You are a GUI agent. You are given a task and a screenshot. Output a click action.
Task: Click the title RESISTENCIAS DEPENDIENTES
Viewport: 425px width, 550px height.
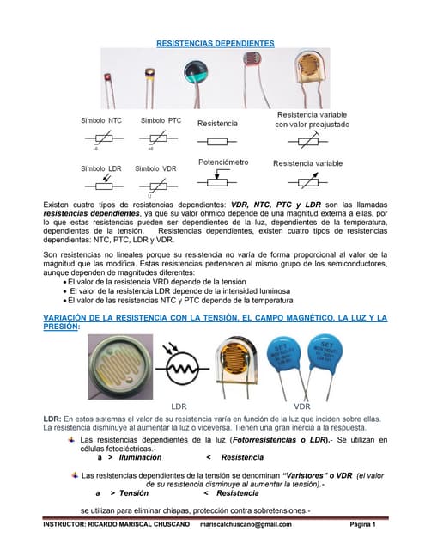point(215,42)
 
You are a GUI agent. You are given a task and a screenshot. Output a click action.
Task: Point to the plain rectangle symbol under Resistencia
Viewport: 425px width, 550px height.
point(219,139)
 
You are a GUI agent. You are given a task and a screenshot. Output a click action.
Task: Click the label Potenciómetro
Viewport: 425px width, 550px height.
point(223,161)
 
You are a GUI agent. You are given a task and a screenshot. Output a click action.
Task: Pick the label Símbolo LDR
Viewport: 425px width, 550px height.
point(101,168)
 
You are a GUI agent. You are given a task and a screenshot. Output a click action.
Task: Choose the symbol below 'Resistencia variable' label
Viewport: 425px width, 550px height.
point(307,181)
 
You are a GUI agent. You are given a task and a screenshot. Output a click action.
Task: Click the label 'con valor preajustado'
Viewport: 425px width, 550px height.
point(312,125)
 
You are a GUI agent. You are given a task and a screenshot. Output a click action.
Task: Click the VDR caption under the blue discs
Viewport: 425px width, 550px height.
point(303,404)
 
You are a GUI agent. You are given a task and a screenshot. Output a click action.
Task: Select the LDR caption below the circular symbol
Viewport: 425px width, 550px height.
point(179,404)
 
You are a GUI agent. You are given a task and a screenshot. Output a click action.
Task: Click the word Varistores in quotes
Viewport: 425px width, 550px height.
point(305,474)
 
